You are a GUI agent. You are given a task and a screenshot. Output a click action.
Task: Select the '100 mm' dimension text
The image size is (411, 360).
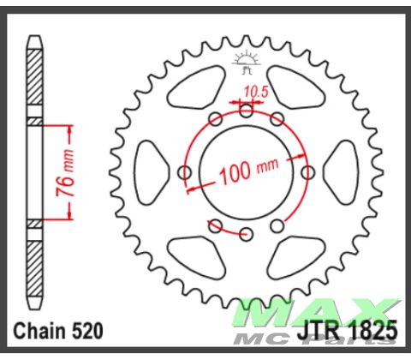point(248,171)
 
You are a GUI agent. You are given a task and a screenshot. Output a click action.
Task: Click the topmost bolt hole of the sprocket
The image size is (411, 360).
point(247,109)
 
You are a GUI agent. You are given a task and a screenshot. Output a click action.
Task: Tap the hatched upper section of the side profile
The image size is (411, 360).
point(34,81)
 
